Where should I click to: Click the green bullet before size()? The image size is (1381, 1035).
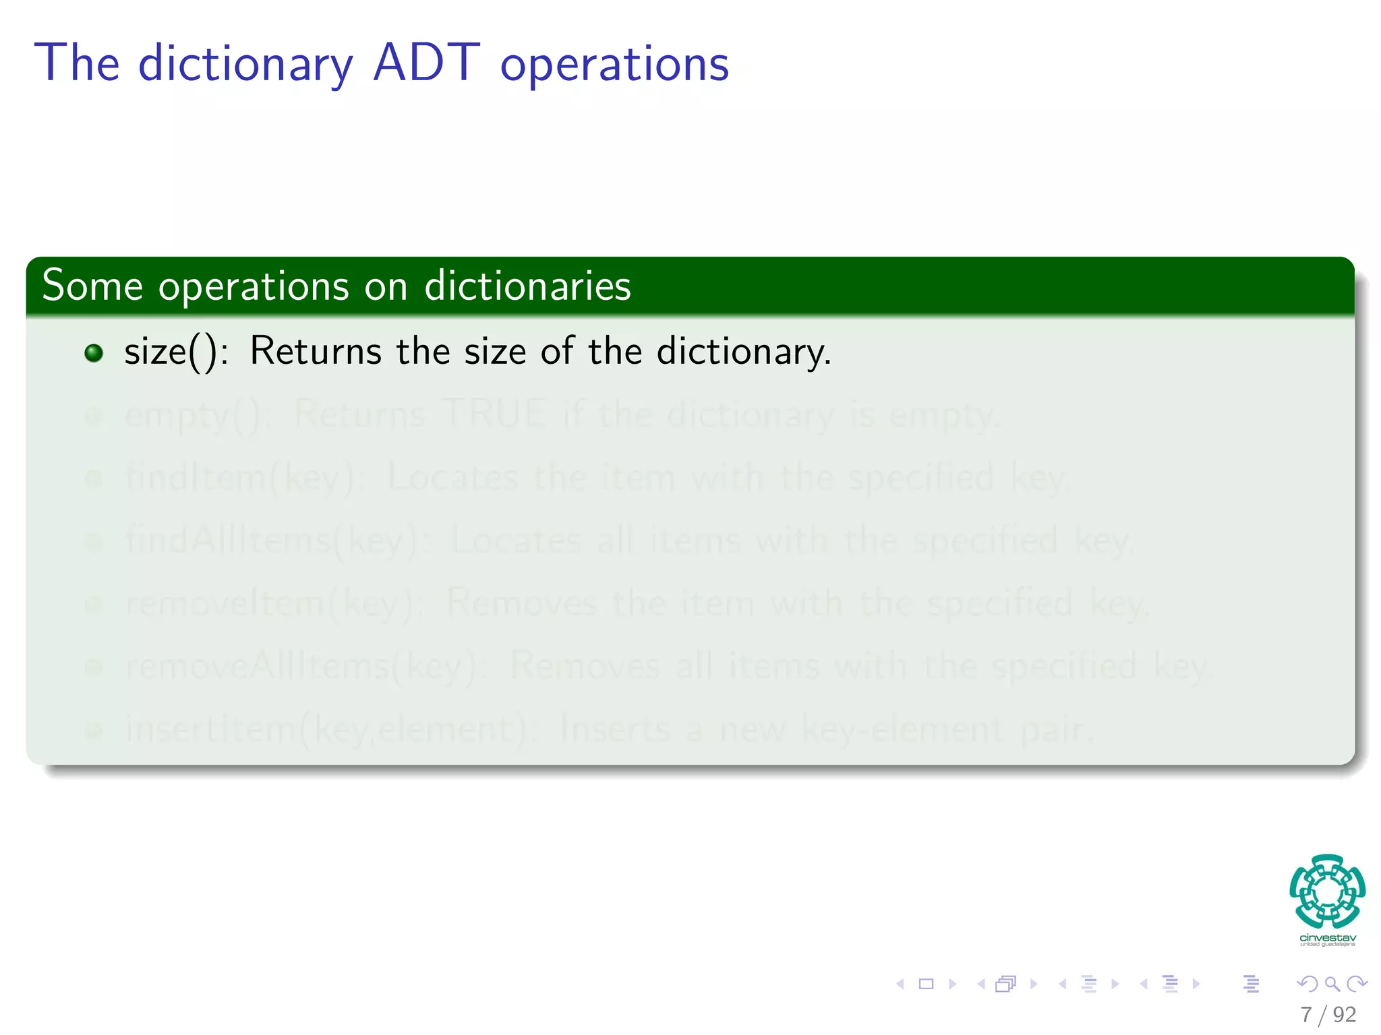[x=94, y=353]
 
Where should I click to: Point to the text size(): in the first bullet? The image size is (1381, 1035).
[x=175, y=352]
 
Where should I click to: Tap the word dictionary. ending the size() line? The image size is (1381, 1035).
[x=744, y=352]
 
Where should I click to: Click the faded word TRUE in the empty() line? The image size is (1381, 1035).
[x=494, y=414]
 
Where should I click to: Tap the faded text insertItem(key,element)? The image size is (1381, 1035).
[x=330, y=730]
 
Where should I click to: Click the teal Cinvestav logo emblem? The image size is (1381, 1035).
[x=1327, y=891]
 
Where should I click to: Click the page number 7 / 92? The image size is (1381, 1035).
[x=1328, y=1014]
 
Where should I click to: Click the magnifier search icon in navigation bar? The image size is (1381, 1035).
[x=1332, y=984]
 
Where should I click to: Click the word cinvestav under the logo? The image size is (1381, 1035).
[x=1327, y=937]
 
